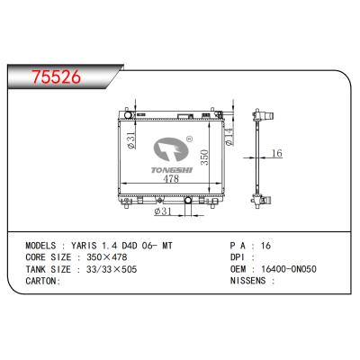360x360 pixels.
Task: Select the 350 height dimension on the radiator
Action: pyautogui.click(x=206, y=156)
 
